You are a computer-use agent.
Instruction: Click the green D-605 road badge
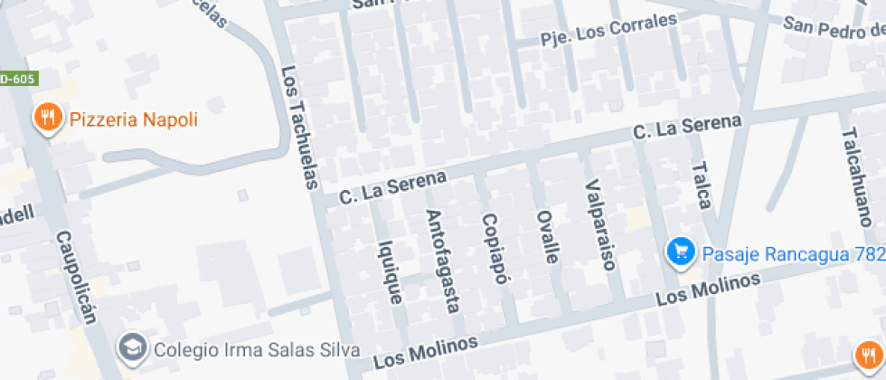(16, 79)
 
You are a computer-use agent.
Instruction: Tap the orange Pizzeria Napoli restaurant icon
(47, 118)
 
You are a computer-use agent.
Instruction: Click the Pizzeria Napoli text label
(133, 119)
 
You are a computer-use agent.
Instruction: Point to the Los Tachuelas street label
(300, 128)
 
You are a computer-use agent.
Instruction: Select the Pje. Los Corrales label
(608, 33)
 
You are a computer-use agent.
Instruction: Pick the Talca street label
(701, 185)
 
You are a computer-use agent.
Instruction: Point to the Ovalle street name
(548, 236)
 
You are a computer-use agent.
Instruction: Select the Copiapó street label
(492, 249)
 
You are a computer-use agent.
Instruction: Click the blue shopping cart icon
(680, 252)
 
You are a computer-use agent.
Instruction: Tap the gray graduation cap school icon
(133, 347)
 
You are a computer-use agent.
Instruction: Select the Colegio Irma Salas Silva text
(244, 349)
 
